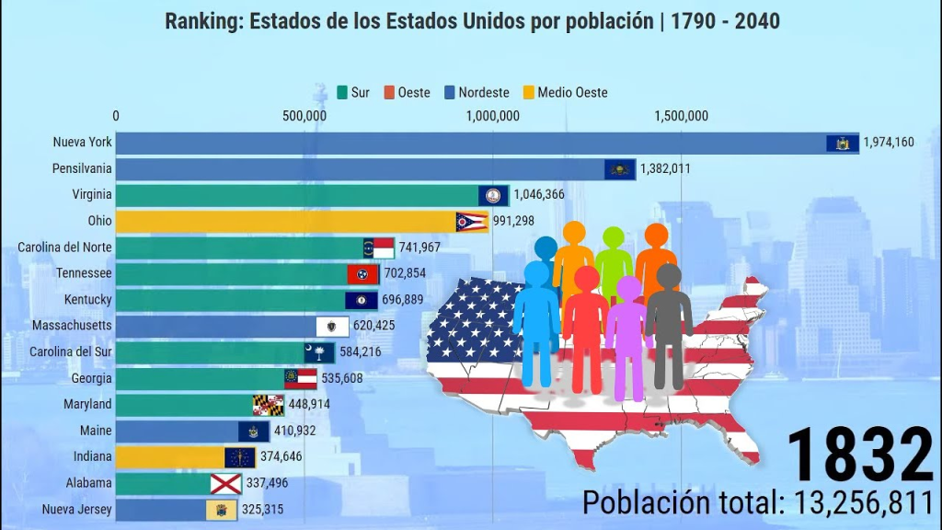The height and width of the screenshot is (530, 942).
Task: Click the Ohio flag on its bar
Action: (472, 222)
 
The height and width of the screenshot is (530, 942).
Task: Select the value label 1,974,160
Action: (888, 143)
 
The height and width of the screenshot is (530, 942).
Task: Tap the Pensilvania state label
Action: (83, 168)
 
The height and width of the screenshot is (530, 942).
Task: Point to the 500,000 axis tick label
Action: (304, 116)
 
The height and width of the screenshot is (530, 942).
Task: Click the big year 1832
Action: (859, 455)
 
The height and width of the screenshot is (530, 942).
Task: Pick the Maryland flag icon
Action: (269, 405)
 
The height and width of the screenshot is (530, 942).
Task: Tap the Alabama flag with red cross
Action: (226, 484)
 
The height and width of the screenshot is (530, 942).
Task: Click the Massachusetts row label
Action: (72, 326)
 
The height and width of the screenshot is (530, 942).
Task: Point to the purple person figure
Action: (628, 336)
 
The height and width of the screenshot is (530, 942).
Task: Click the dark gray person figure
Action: (669, 322)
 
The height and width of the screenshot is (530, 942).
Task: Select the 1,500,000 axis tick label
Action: (681, 116)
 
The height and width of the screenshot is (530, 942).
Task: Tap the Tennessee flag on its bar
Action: (362, 274)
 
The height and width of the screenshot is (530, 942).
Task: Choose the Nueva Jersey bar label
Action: (77, 509)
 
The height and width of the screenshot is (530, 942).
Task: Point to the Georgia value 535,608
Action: (348, 378)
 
